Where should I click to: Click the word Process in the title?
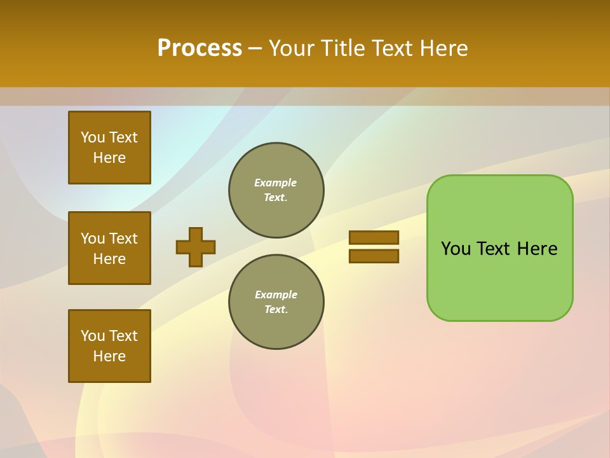[200, 48]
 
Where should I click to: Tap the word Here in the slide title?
[445, 48]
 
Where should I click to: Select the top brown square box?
[109, 148]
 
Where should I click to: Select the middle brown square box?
[109, 248]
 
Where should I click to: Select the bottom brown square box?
[109, 346]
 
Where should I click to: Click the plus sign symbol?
[196, 247]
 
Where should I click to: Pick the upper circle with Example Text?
[276, 190]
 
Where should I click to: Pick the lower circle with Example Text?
[276, 302]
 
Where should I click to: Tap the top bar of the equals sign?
[374, 237]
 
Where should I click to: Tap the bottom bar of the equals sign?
[374, 256]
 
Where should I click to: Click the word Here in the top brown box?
[109, 158]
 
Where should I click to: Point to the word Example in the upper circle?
[275, 183]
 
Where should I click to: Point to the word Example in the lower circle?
[276, 295]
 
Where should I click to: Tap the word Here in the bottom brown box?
[109, 356]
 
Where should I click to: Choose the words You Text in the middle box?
[109, 239]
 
